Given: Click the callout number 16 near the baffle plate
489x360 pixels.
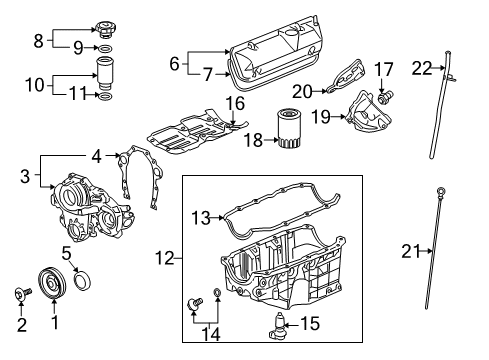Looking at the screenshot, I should [x=234, y=104].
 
